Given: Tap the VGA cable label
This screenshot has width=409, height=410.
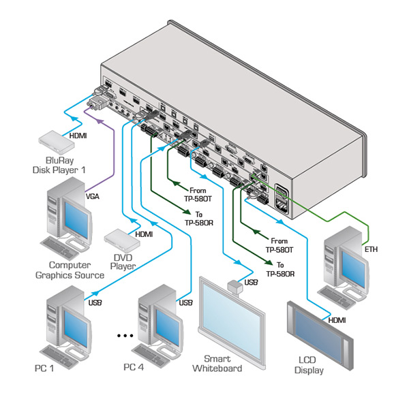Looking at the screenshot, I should click(93, 195).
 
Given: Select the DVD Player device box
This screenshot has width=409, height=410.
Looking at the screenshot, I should click(121, 238).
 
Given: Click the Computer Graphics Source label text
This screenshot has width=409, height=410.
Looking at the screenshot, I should click(70, 270).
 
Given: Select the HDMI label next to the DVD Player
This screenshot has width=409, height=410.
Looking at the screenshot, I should click(144, 234).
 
